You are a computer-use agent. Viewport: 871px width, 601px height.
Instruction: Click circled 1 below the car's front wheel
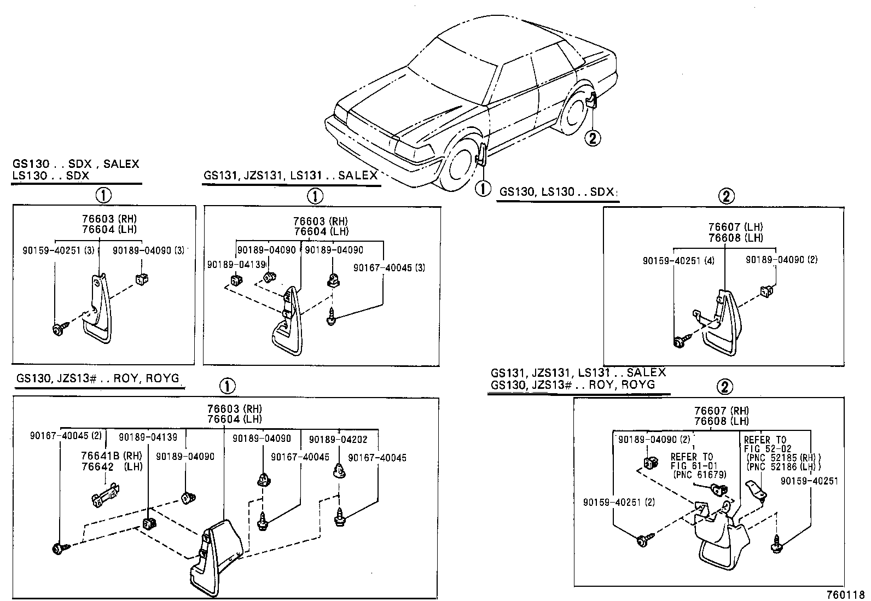pyautogui.click(x=483, y=189)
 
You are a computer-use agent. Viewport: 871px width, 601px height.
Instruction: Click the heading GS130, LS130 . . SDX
pyautogui.click(x=557, y=192)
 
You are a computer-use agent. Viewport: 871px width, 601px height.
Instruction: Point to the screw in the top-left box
pyautogui.click(x=59, y=329)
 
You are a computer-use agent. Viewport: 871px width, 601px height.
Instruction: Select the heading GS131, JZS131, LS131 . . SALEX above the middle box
pyautogui.click(x=291, y=176)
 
